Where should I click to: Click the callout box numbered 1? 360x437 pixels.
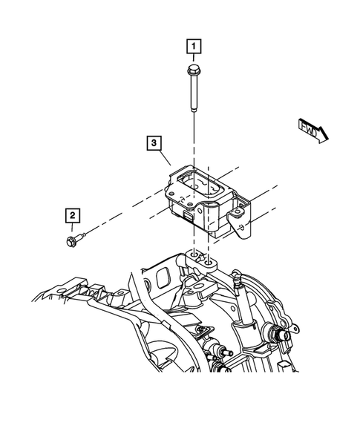coord(193,49)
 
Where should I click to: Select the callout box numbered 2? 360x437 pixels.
coord(71,215)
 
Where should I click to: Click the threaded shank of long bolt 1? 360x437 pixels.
coord(193,94)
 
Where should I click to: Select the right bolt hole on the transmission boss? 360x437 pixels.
coord(212,261)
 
